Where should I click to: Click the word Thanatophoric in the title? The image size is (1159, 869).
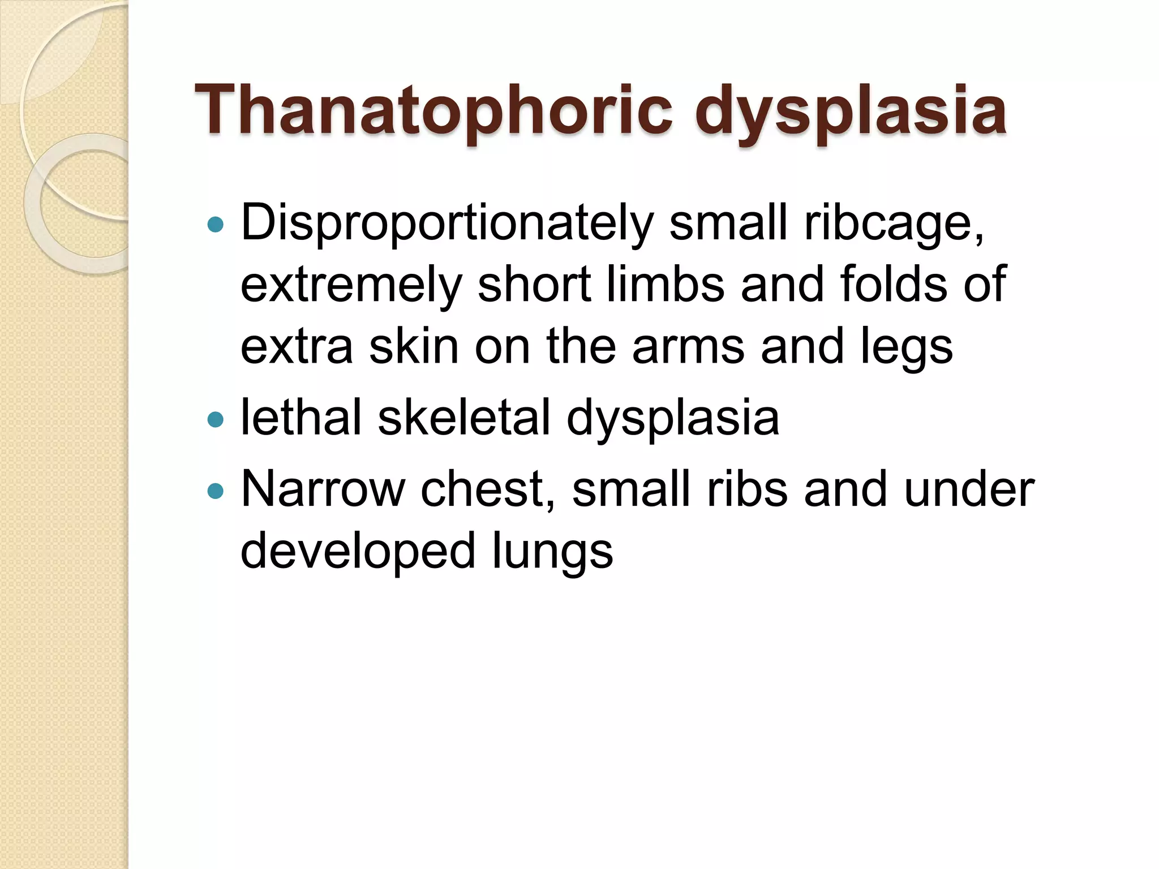point(433,110)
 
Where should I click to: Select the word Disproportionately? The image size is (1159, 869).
point(447,223)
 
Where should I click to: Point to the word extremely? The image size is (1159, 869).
point(351,286)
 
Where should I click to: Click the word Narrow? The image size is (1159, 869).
point(323,489)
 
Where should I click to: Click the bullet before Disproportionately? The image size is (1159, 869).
point(216,225)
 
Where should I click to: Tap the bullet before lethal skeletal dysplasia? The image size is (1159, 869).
point(216,419)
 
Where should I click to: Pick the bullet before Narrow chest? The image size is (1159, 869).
point(216,491)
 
